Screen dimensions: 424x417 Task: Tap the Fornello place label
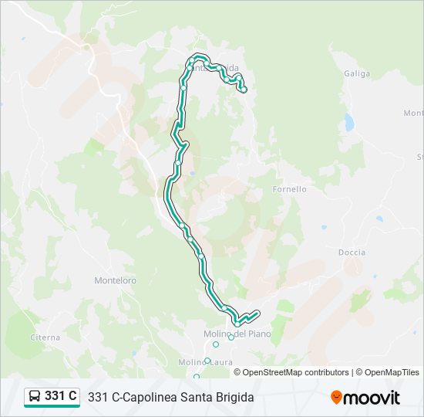coord(290,189)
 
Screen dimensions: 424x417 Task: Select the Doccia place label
coord(352,253)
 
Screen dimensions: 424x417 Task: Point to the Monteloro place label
coord(115,281)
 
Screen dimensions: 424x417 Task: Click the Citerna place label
coord(45,337)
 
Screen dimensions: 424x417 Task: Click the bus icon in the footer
coord(35,397)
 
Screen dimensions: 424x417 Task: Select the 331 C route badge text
coord(61,396)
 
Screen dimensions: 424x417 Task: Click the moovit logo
coord(365,398)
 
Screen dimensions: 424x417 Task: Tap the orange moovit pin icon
coord(337,398)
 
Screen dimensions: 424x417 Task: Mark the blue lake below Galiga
coord(349,122)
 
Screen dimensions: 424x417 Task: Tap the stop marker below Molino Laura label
coord(197,377)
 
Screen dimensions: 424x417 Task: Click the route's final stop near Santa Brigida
coord(244,90)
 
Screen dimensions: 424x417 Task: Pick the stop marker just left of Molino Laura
coord(207,360)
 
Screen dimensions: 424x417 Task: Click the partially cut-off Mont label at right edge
coord(414,114)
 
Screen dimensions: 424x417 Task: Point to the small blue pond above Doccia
coord(379,219)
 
